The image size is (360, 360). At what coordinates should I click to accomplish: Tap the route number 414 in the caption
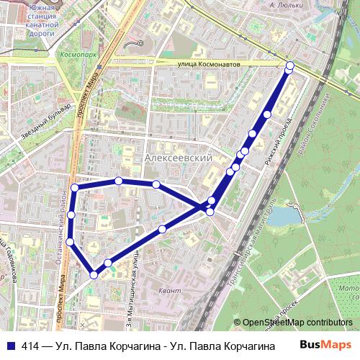tap(31, 346)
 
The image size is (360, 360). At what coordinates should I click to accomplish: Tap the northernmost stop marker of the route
tap(290, 66)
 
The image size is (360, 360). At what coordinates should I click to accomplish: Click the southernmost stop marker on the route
tap(94, 274)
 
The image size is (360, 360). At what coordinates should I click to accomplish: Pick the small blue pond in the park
tap(289, 215)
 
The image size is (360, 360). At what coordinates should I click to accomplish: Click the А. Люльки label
tap(283, 5)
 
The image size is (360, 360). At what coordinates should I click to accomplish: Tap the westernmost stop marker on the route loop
tap(70, 241)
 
